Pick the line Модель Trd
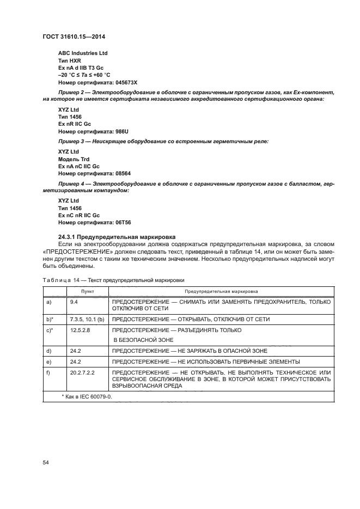pos(73,158)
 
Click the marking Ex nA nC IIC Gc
pos(79,165)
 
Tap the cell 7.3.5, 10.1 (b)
pos(87,319)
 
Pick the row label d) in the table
pos(50,351)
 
